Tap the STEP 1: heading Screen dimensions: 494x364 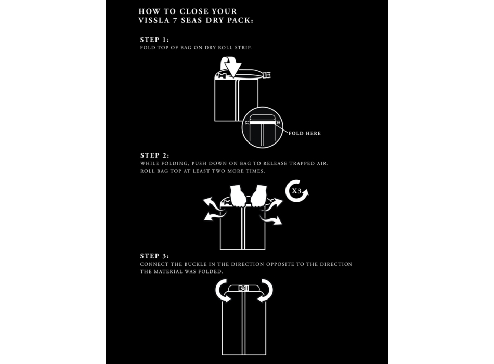[154, 40]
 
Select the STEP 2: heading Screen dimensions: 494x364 [154, 155]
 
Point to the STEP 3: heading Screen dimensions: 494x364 [154, 256]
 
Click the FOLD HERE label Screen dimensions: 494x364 [305, 133]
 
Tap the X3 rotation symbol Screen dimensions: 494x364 [297, 191]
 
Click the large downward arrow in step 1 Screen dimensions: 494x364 [233, 68]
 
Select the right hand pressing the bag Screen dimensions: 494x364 [258, 196]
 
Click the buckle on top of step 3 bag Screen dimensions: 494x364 [243, 289]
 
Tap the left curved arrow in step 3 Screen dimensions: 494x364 [222, 290]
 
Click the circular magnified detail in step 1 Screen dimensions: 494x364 [263, 127]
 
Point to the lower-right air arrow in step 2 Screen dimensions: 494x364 [271, 219]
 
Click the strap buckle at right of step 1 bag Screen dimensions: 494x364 [268, 75]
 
